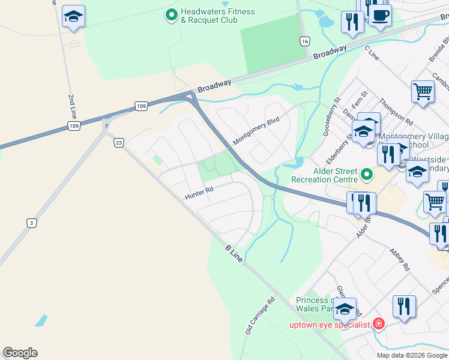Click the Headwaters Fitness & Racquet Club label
210,16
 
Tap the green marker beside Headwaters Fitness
172,14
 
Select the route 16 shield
306,41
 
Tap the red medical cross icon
378,325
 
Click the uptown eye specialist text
330,325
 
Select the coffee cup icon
379,14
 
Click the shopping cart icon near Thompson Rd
423,92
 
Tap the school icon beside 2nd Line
73,16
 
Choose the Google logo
20,353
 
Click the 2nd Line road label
73,107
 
